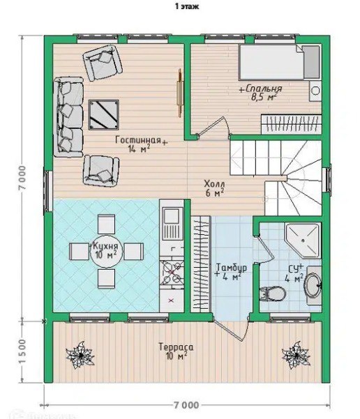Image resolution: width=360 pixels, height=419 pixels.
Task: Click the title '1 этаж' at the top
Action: [x=187, y=6]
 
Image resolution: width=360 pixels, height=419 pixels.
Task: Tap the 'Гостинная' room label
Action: [x=138, y=139]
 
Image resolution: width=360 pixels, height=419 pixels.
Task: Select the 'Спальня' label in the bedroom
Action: [x=264, y=89]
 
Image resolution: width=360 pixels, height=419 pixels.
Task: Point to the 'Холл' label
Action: [x=214, y=184]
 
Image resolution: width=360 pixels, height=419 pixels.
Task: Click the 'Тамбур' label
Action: [x=232, y=268]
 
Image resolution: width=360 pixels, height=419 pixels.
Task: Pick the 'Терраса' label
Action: [x=176, y=347]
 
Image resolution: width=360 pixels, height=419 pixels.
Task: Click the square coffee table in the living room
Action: [x=104, y=115]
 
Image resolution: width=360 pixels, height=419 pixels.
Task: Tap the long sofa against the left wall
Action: [x=68, y=117]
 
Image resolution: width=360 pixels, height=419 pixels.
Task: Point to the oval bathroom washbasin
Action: [x=313, y=285]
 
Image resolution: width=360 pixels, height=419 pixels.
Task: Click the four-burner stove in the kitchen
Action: [x=172, y=273]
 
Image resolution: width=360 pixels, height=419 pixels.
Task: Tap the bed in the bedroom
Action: [x=280, y=63]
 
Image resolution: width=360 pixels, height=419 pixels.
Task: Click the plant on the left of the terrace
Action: [x=80, y=355]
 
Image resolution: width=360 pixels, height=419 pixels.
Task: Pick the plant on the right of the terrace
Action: [x=296, y=355]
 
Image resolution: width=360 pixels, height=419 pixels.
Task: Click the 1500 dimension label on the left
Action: [x=23, y=351]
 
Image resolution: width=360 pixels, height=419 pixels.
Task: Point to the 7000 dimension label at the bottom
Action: [x=186, y=405]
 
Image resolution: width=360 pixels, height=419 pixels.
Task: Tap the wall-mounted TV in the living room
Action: [x=180, y=93]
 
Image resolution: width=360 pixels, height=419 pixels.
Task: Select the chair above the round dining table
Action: [x=107, y=224]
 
